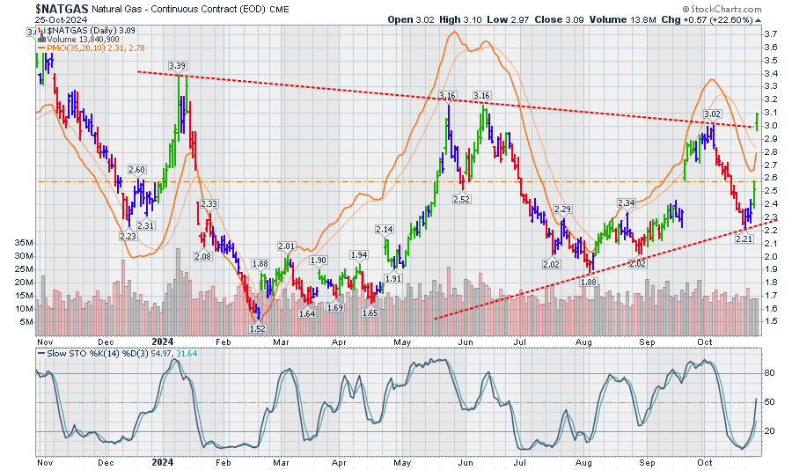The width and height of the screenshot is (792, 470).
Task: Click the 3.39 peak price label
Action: tap(177, 65)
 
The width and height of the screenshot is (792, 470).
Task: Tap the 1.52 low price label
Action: tap(258, 328)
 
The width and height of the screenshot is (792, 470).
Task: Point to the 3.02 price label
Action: tap(713, 114)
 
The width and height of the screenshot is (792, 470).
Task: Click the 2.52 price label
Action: tap(460, 200)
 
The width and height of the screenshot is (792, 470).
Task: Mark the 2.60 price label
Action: tap(136, 169)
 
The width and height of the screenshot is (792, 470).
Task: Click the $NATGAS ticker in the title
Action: tap(62, 8)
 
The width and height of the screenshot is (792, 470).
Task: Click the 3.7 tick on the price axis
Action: tap(770, 33)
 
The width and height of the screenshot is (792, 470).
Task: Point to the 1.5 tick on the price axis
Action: tap(770, 321)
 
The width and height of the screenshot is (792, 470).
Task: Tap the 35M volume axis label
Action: tap(24, 242)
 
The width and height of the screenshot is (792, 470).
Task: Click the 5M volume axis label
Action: tap(26, 322)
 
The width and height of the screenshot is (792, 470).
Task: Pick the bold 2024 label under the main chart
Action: tap(163, 339)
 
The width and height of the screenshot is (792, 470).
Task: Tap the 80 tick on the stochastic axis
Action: tap(768, 373)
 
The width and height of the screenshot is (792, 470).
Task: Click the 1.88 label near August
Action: tap(587, 282)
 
